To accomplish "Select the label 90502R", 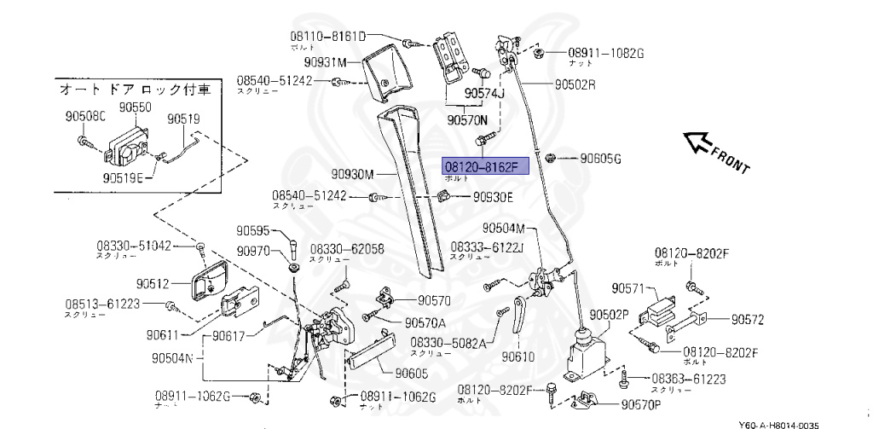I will pyautogui.click(x=575, y=85).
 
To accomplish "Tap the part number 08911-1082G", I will pyautogui.click(x=606, y=53).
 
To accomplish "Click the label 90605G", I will pyautogui.click(x=600, y=159).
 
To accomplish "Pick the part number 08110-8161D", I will pyautogui.click(x=326, y=37).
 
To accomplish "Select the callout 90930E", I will pyautogui.click(x=493, y=197).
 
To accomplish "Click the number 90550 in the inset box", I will pyautogui.click(x=135, y=107).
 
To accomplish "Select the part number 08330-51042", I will pyautogui.click(x=134, y=246).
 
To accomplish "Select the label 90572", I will pyautogui.click(x=747, y=320).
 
